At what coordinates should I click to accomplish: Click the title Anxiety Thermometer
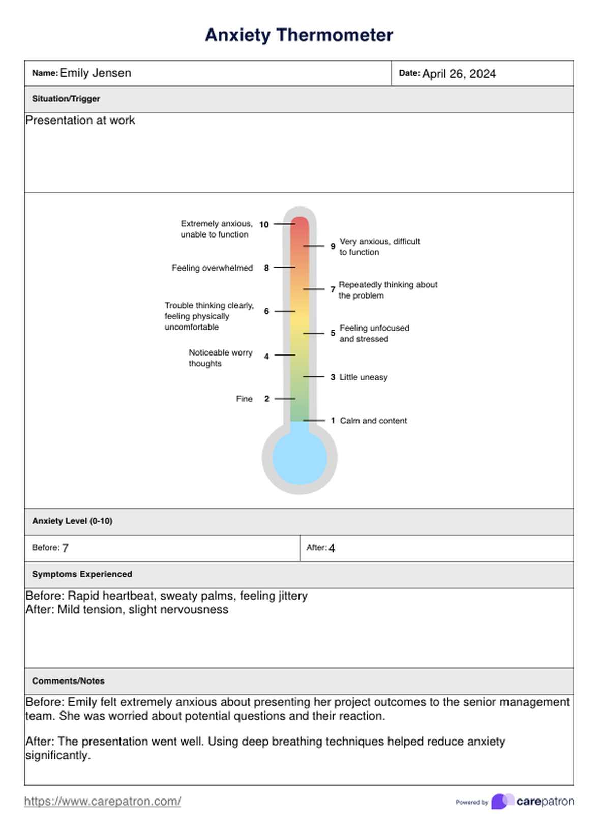(x=298, y=35)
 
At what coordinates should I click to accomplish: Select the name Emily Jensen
(x=95, y=73)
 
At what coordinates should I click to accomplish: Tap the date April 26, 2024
(x=459, y=74)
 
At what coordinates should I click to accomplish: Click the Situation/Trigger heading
(x=66, y=99)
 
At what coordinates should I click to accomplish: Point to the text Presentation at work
(x=80, y=121)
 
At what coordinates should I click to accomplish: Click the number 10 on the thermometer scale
(x=264, y=224)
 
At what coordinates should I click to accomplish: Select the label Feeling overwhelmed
(x=212, y=268)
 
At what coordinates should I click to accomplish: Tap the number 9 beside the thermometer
(x=333, y=246)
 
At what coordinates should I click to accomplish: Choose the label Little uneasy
(x=363, y=377)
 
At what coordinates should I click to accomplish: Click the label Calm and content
(x=373, y=421)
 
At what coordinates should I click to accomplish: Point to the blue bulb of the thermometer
(x=300, y=458)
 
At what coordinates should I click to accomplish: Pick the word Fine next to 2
(x=244, y=399)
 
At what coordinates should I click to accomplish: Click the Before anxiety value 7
(x=65, y=548)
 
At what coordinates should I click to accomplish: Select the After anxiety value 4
(x=332, y=548)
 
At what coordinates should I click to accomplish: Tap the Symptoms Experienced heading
(x=82, y=574)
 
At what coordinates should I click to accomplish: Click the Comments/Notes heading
(x=68, y=681)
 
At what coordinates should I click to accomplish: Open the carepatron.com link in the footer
(x=103, y=802)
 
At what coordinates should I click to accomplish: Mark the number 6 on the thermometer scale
(x=266, y=311)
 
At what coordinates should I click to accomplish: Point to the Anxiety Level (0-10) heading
(x=72, y=521)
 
